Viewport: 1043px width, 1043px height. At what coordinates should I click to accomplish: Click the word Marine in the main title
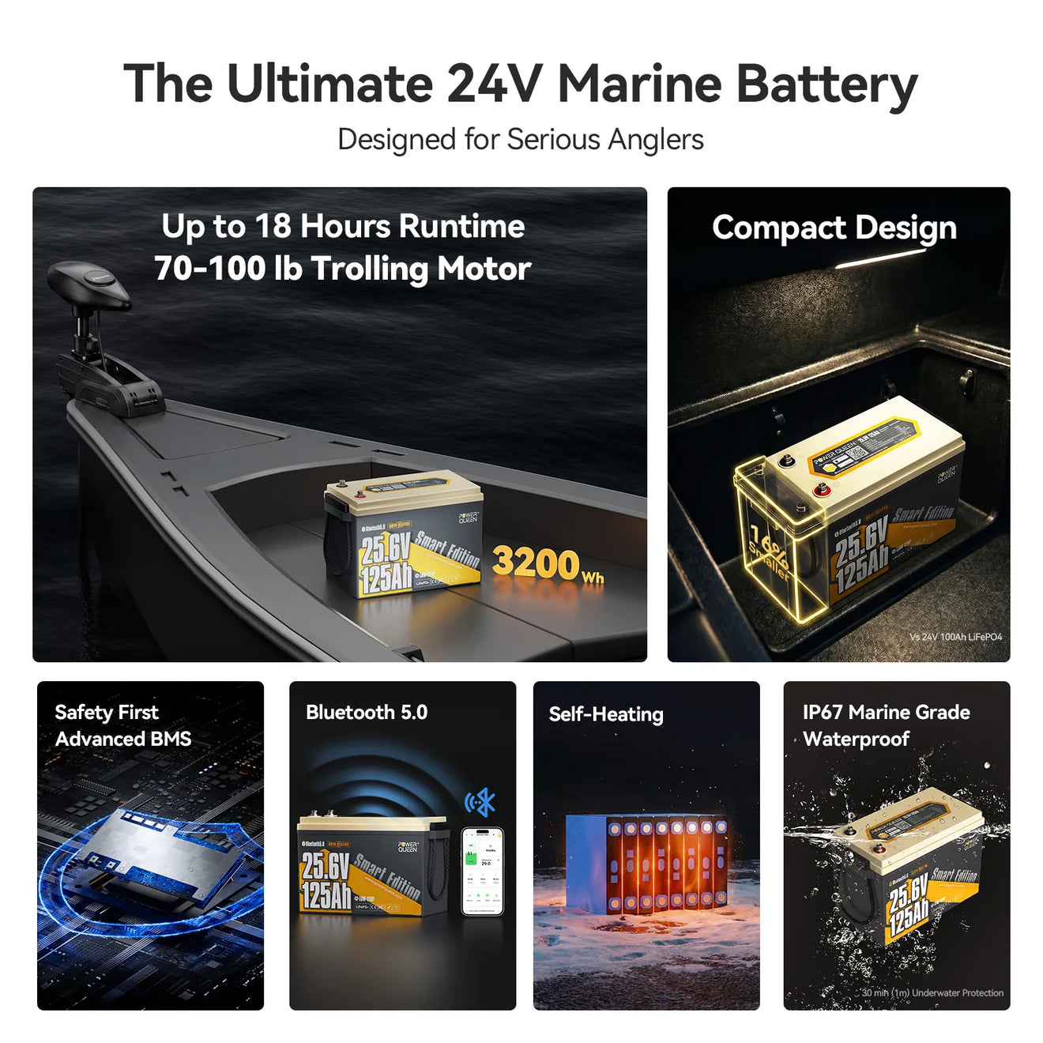coord(639,84)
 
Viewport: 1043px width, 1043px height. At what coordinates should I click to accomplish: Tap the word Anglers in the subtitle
coord(655,140)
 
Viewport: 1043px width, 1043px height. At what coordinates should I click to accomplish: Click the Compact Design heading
coord(834,228)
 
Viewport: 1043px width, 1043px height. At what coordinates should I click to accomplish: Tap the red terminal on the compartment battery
coord(823,491)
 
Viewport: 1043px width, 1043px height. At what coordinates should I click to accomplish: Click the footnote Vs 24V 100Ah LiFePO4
coord(955,637)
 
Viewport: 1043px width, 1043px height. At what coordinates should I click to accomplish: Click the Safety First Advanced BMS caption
coord(122,725)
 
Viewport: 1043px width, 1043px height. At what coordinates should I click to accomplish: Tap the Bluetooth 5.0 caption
coord(367,713)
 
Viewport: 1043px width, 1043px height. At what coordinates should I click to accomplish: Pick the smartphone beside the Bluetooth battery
coord(482,871)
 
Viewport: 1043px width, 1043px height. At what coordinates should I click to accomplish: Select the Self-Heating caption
coord(606,714)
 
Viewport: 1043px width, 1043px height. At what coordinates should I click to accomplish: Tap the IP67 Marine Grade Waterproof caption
coord(886,725)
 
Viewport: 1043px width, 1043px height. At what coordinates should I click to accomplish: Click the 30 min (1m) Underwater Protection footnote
coord(932,993)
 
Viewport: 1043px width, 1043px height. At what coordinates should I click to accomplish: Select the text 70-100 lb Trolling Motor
coord(342,269)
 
